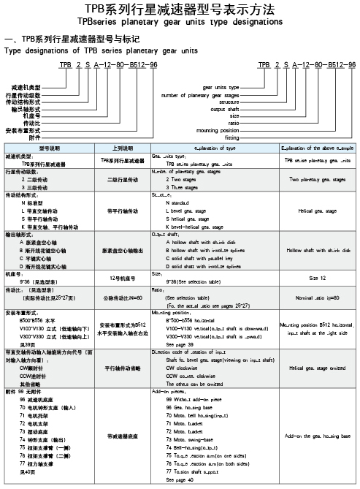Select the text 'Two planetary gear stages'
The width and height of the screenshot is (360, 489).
(x=316, y=178)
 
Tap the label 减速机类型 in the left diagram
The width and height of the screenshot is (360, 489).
(x=26, y=87)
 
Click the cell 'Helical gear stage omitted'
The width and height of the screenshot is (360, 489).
(x=316, y=368)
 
